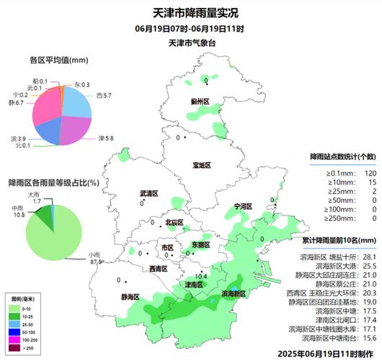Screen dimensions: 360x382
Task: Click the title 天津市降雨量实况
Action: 190,12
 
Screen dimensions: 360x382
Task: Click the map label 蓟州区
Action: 200,103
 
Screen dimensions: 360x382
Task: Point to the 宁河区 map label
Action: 243,207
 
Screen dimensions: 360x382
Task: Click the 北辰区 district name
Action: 174,223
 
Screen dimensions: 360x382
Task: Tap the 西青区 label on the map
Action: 159,269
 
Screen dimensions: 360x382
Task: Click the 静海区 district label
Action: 130,297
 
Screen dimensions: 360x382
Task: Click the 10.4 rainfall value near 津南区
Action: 201,276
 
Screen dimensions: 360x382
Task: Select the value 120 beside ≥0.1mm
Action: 370,174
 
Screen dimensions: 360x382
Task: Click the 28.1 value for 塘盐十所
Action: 370,256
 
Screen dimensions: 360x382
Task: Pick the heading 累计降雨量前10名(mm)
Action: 340,240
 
